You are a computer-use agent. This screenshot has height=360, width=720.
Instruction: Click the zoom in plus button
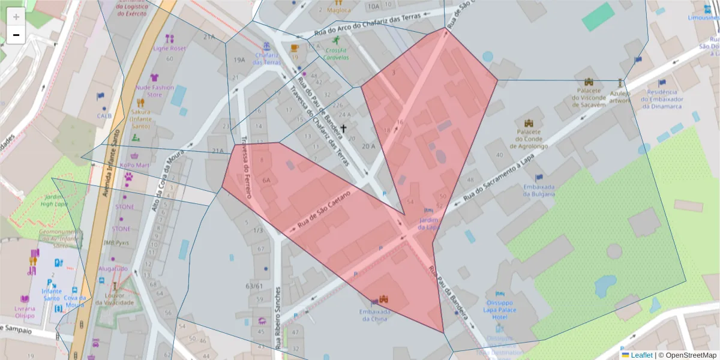coord(16,17)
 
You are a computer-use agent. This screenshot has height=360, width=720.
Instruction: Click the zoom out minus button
coord(16,35)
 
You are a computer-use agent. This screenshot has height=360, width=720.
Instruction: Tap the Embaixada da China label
coord(376,315)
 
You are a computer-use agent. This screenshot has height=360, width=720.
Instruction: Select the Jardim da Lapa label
coord(429,224)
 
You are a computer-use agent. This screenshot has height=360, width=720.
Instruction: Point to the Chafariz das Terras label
coord(268,58)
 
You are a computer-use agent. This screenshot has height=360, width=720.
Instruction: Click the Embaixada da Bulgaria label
coord(538,190)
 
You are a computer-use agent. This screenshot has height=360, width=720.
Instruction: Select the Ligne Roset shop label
coord(170,48)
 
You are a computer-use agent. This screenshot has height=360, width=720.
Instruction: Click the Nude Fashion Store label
coord(155,91)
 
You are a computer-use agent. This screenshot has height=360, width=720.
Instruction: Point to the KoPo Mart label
coord(134,165)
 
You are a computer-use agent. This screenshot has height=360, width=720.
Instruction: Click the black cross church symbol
coord(344,128)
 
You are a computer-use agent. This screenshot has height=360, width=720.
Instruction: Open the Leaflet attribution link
coord(641,355)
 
